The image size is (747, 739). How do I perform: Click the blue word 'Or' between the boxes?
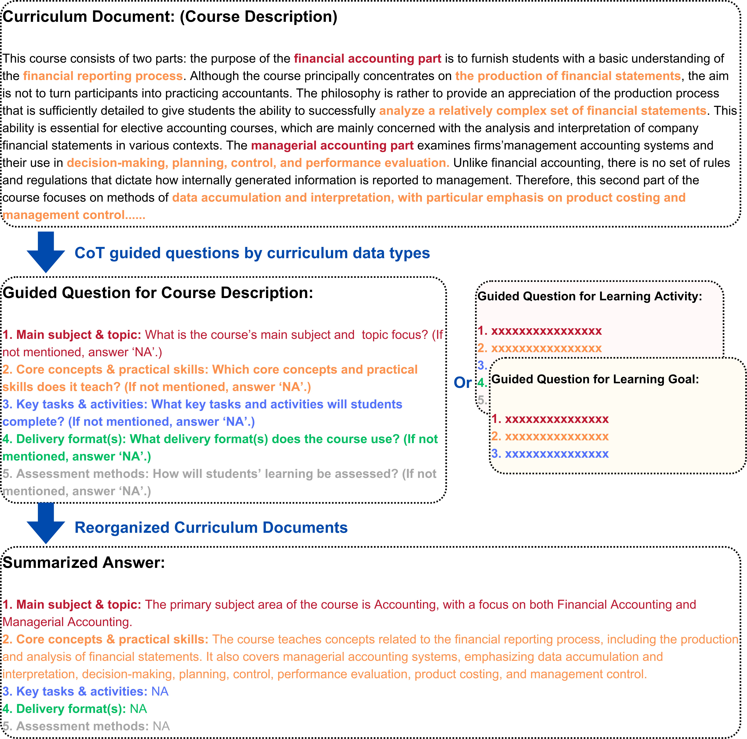pyautogui.click(x=462, y=383)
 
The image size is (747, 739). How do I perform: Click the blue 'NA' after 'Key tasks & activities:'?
pyautogui.click(x=160, y=691)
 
